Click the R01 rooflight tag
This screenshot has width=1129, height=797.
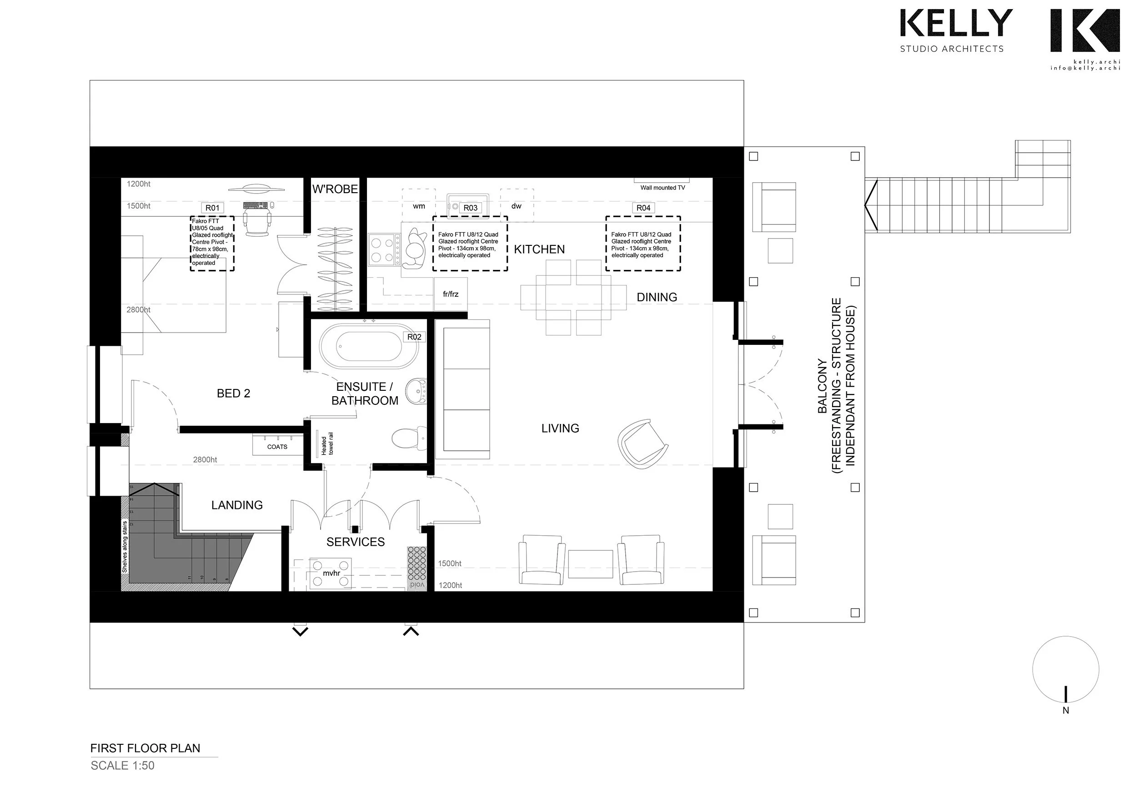point(212,208)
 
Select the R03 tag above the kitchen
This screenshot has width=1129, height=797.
point(470,208)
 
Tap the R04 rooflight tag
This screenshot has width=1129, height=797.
point(643,208)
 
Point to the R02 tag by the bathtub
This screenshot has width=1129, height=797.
point(414,337)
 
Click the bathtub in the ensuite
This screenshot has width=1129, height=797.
point(368,346)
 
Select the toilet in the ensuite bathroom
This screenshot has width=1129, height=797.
point(409,437)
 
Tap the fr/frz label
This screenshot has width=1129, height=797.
point(451,294)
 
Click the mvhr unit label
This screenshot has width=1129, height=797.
point(331,573)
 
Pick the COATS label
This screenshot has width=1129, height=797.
point(277,447)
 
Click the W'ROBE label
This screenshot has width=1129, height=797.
point(335,189)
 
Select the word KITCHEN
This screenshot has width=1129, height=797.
point(539,249)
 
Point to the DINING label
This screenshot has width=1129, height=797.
point(657,297)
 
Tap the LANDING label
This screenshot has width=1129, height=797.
point(237,505)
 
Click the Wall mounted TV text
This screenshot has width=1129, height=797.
point(662,188)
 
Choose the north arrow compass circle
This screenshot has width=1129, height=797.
point(1065,669)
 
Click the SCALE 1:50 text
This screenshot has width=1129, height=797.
point(122,765)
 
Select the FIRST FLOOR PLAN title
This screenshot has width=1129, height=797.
point(145,748)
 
